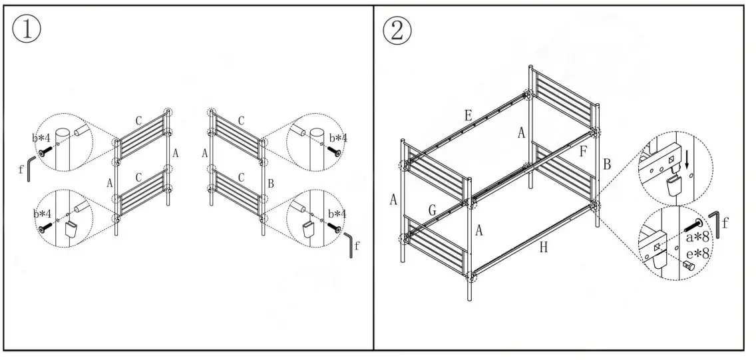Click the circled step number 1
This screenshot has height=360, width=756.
(27, 31)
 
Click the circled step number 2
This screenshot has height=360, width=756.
(397, 31)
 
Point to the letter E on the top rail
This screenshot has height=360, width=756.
(469, 115)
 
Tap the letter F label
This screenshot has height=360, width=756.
(583, 151)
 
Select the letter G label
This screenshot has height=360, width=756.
(432, 211)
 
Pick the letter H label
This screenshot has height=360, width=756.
(544, 248)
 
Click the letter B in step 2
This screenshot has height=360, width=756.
(606, 163)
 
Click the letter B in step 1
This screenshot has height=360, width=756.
(270, 183)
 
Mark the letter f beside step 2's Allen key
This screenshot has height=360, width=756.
(725, 223)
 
